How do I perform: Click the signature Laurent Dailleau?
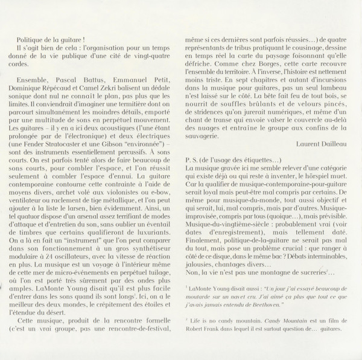317,145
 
